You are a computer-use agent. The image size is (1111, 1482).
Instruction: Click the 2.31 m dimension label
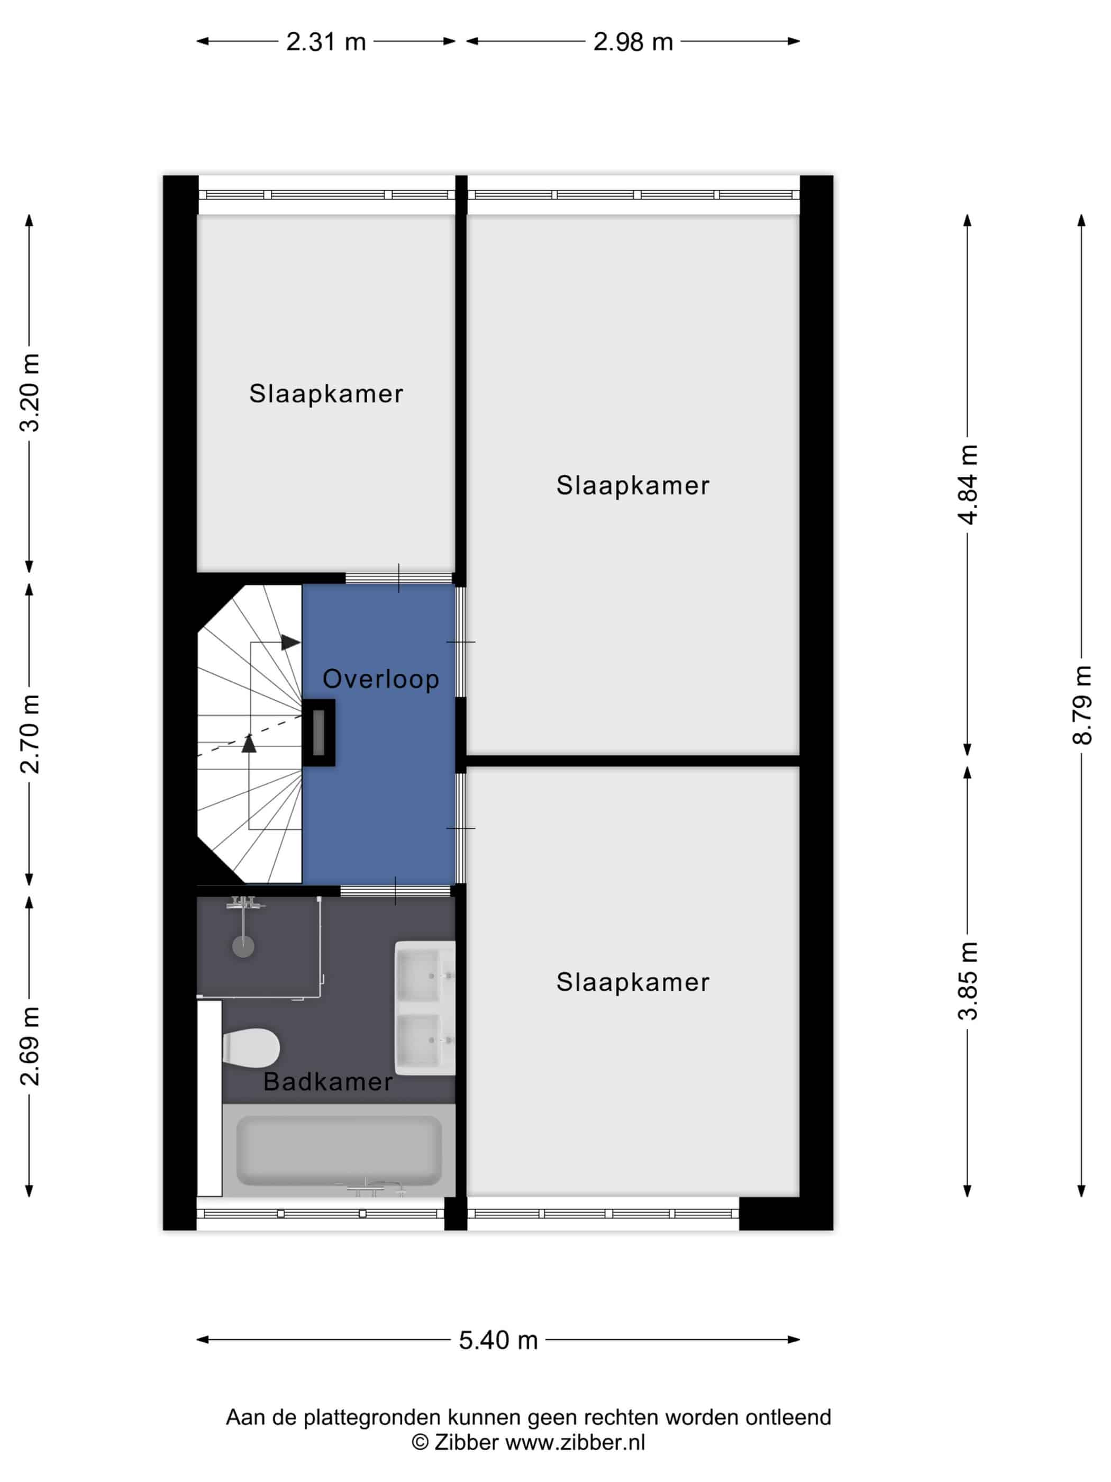[x=325, y=41]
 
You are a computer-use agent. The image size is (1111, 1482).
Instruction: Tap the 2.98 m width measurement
[x=633, y=41]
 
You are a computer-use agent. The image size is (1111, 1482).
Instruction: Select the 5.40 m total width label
[x=498, y=1339]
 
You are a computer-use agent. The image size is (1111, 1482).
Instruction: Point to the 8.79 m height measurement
[x=1081, y=705]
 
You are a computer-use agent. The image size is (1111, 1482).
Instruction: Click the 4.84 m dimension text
[x=968, y=484]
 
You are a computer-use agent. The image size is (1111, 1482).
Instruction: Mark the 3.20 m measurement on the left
[x=30, y=393]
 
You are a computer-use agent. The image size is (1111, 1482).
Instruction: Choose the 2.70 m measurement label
[x=30, y=734]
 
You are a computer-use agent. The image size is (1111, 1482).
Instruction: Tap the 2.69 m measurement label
[x=30, y=1046]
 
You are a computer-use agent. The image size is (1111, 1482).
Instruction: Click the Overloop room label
[x=381, y=679]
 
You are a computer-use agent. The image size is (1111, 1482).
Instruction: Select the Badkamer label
[x=327, y=1081]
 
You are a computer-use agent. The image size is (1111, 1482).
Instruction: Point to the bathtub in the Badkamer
[x=339, y=1150]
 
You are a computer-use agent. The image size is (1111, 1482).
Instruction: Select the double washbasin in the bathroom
[x=425, y=1008]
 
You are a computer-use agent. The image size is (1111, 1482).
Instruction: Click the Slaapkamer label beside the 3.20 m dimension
[x=326, y=393]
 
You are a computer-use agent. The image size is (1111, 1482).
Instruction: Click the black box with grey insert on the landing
[x=319, y=733]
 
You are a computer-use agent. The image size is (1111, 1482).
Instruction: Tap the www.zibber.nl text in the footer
[x=575, y=1442]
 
